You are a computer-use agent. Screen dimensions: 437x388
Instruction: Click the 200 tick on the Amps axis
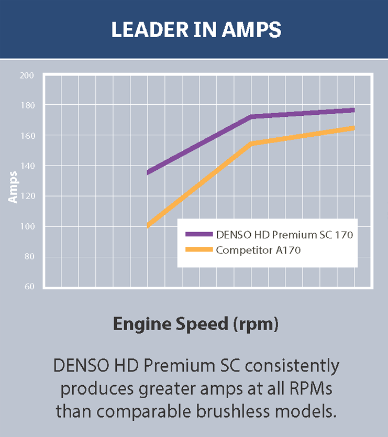27,75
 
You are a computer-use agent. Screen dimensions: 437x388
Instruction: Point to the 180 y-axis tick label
27,105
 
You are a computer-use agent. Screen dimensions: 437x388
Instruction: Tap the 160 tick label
27,136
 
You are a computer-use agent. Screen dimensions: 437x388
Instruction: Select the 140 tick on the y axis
27,166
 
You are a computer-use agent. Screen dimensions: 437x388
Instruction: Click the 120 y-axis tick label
27,196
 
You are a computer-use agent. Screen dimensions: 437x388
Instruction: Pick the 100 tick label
27,227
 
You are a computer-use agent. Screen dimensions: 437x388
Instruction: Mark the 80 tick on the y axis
28,257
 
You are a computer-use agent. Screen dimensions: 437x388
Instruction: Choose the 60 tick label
28,287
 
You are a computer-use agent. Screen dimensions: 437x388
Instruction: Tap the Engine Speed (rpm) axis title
196,324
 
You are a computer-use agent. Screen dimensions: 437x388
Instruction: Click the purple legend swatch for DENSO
199,235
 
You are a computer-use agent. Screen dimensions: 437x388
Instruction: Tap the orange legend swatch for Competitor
199,250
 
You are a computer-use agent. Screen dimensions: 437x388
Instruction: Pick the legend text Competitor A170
258,250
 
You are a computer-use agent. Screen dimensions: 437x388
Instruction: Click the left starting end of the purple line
148,172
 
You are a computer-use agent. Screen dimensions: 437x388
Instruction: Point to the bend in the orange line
251,143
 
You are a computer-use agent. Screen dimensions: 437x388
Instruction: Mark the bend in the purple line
251,116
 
